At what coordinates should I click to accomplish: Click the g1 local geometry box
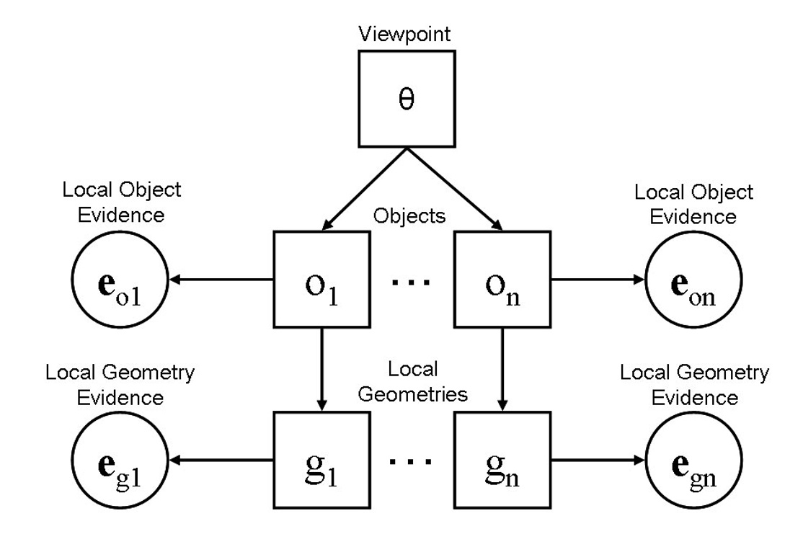point(322,459)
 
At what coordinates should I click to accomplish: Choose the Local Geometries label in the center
point(413,382)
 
